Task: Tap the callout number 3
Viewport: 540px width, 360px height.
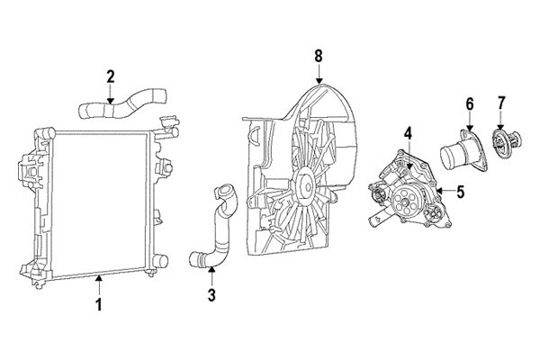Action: [x=211, y=294]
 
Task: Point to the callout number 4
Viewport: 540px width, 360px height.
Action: [x=407, y=132]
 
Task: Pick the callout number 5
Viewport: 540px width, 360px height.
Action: [x=460, y=191]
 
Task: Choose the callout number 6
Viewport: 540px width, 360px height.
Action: [x=469, y=103]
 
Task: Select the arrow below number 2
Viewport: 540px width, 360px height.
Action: [x=111, y=95]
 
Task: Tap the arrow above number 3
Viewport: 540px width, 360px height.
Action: [x=211, y=275]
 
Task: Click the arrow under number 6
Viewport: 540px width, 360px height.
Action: [x=469, y=123]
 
